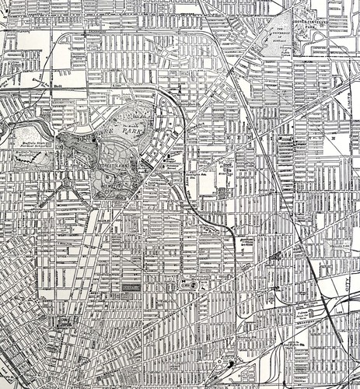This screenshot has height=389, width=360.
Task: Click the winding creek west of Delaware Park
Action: (31, 124)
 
